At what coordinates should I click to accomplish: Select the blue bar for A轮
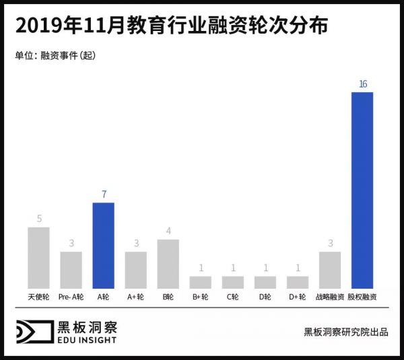click(103, 245)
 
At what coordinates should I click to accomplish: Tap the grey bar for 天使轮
click(38, 257)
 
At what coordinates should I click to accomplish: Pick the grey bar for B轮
click(168, 263)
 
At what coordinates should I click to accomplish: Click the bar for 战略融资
click(330, 269)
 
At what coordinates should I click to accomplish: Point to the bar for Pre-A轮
click(71, 269)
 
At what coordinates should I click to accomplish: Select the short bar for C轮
click(232, 281)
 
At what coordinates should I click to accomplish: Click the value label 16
click(362, 84)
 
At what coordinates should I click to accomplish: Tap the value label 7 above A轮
click(103, 194)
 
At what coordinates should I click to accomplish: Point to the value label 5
click(38, 219)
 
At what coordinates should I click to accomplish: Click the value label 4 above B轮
click(168, 231)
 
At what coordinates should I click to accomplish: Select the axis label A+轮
click(135, 297)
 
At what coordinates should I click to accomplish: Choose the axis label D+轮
click(297, 297)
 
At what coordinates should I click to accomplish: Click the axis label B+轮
click(200, 297)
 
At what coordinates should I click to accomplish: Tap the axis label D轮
click(265, 297)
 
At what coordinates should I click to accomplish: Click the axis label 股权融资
click(362, 297)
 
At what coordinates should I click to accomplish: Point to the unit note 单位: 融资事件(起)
click(55, 56)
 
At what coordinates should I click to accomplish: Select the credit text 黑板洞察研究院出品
click(345, 332)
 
